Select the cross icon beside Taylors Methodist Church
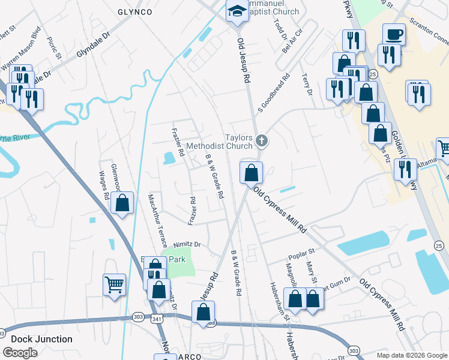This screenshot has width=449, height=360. (261, 141)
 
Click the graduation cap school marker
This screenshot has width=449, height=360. (237, 11)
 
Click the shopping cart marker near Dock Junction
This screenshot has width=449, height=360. (114, 285)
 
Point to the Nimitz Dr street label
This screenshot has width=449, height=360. (187, 245)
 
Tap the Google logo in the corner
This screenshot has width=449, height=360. (20, 352)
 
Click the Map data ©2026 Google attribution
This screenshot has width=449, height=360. (411, 355)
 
